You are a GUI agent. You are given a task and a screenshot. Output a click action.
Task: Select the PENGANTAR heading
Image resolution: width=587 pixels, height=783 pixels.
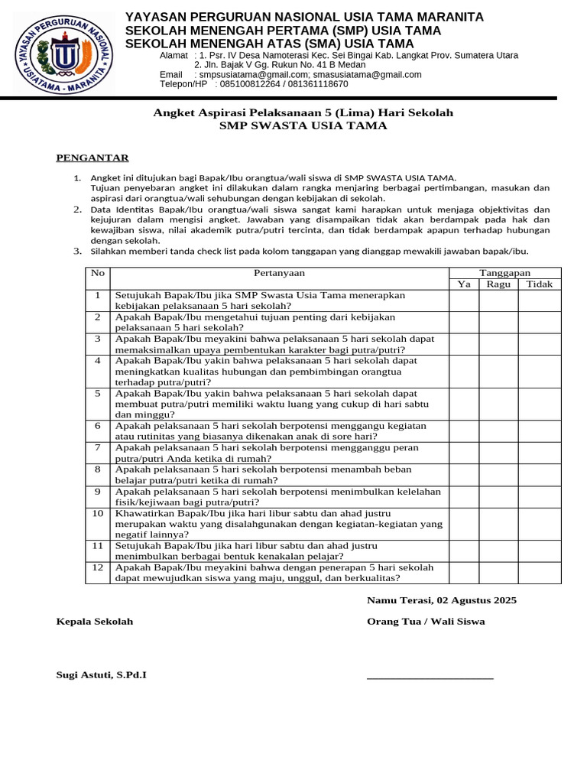tap(92, 158)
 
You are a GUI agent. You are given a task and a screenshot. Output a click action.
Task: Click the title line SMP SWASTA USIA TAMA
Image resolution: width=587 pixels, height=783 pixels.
tap(303, 126)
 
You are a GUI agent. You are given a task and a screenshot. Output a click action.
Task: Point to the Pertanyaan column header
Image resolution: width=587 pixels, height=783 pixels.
tap(279, 273)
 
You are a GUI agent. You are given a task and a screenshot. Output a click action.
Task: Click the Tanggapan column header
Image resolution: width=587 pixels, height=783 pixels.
tap(504, 273)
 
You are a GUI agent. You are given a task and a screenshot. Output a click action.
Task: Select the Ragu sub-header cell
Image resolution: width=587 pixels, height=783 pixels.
tap(498, 284)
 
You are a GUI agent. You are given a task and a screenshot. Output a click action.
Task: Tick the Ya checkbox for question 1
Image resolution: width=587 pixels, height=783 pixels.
tap(463, 301)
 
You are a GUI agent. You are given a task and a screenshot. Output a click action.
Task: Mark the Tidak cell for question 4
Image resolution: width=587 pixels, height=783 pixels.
tap(540, 371)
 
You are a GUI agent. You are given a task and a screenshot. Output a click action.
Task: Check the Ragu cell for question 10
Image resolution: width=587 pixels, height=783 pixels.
tap(498, 524)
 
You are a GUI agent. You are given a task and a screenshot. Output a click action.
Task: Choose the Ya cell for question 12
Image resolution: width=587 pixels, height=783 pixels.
tap(463, 573)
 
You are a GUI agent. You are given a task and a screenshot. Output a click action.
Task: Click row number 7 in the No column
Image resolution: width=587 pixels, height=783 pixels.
tap(98, 447)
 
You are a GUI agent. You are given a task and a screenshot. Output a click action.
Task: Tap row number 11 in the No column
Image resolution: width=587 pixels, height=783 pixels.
tap(98, 546)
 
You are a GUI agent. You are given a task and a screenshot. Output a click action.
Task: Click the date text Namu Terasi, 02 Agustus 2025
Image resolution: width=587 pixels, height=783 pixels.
tap(442, 600)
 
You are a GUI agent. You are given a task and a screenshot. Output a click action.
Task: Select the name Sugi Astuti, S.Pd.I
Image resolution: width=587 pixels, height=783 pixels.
tap(102, 675)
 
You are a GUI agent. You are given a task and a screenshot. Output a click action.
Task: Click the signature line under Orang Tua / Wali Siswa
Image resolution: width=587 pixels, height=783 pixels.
tap(430, 678)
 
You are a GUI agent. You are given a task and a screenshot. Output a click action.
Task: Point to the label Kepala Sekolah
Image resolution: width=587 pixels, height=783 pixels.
tap(95, 622)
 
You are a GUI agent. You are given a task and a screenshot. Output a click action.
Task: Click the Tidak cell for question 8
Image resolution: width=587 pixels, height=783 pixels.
tap(540, 475)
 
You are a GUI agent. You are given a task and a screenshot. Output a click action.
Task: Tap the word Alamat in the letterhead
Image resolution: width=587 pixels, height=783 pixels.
tap(174, 56)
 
